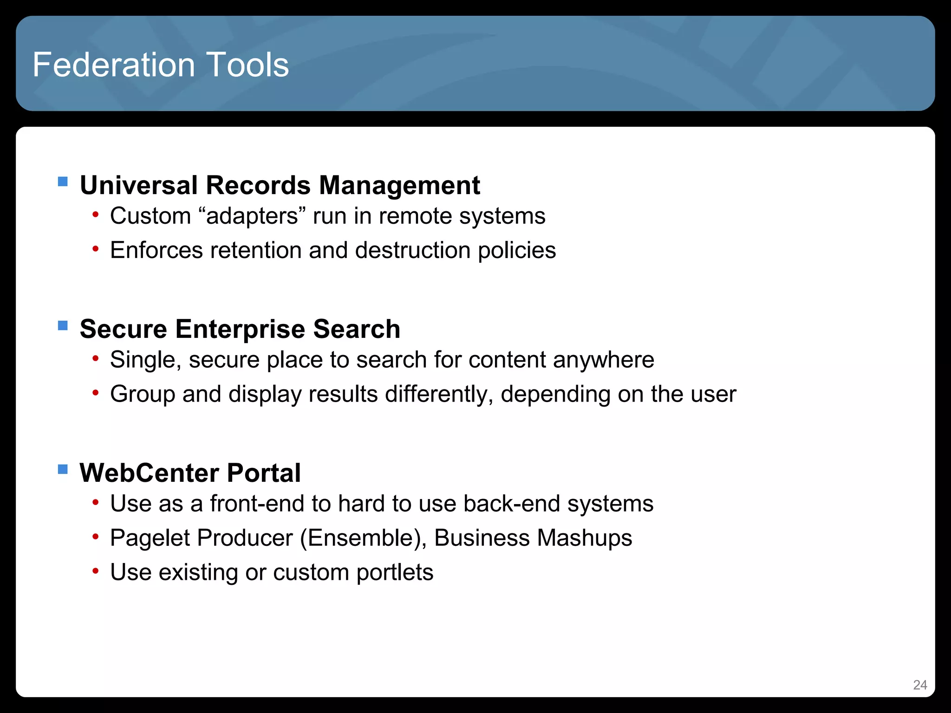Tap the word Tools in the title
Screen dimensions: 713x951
click(248, 65)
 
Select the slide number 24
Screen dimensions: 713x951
click(920, 685)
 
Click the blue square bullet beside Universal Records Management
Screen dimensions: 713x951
click(63, 181)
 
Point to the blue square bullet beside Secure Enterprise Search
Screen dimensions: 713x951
click(63, 325)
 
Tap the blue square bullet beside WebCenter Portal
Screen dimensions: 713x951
click(63, 469)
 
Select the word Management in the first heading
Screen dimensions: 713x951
click(399, 185)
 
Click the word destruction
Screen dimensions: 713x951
click(413, 251)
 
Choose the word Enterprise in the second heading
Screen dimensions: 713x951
click(241, 329)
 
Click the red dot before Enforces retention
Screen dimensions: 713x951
click(96, 249)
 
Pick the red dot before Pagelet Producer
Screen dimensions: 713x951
click(96, 537)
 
